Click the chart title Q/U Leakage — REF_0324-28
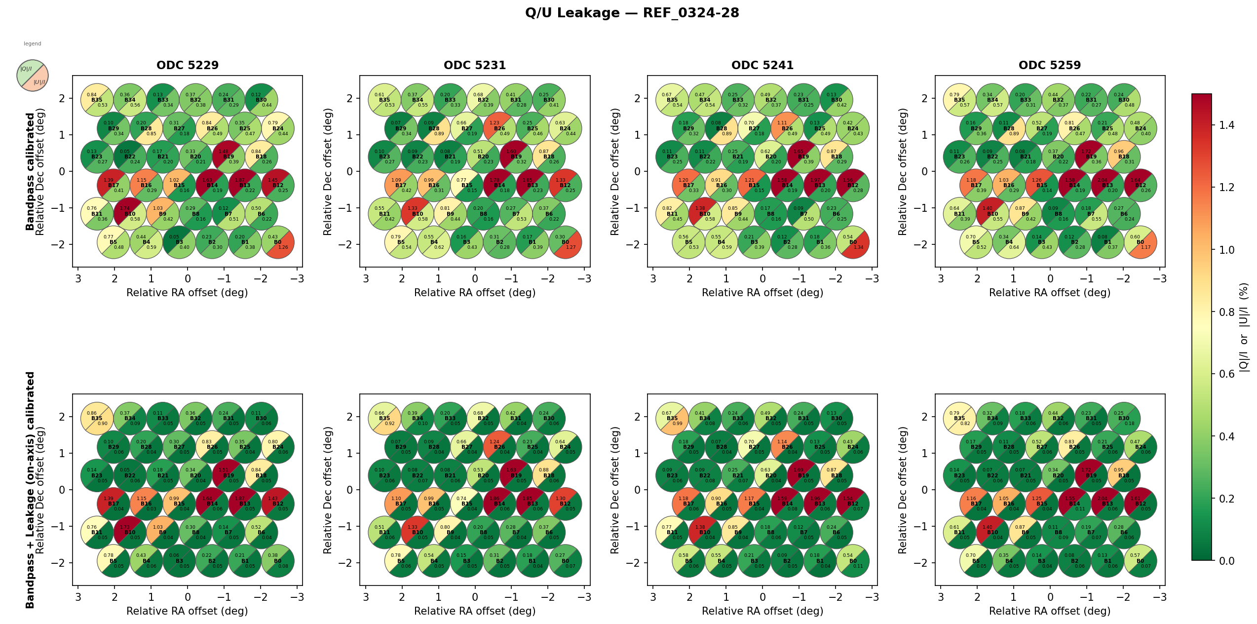632,13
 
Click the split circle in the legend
33,76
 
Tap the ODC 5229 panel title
188,65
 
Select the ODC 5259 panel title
1050,65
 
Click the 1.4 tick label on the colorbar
1226,125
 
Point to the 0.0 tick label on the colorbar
1226,561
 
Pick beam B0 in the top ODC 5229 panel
278,242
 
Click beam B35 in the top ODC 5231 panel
384,100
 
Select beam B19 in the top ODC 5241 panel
803,157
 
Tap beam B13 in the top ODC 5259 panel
1107,186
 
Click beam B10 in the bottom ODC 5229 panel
130,533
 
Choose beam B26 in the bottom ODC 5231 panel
499,447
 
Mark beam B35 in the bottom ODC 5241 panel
672,419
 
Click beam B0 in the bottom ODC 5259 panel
1141,561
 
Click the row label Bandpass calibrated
30,171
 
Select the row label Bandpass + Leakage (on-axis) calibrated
30,490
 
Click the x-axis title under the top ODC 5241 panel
762,293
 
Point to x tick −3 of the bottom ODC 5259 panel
1160,597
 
